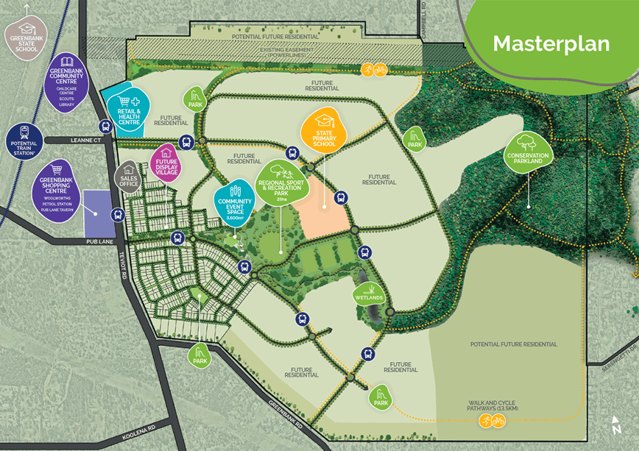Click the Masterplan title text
[551, 43]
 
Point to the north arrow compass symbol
[616, 425]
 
